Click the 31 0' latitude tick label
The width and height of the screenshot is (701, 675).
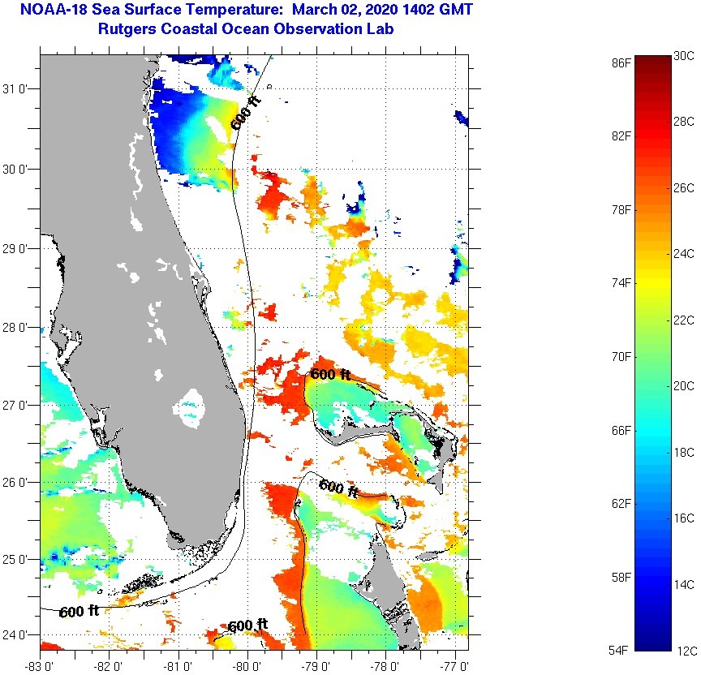(x=19, y=89)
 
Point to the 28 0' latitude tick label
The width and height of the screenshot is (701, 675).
(x=19, y=327)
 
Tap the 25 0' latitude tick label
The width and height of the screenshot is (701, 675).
(x=19, y=559)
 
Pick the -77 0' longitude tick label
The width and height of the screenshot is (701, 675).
(x=455, y=665)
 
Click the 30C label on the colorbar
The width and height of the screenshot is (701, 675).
(x=683, y=55)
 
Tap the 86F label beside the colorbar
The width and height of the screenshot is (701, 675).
(x=622, y=62)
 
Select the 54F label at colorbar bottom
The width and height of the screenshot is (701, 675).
(x=622, y=650)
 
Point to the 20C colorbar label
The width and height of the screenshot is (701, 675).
(x=683, y=386)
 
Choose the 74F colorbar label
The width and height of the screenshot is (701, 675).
(x=622, y=282)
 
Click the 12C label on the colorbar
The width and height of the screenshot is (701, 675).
(x=683, y=651)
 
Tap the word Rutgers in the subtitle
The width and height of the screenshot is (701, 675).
(x=125, y=29)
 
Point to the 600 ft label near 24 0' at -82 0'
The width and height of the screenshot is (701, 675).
(x=79, y=611)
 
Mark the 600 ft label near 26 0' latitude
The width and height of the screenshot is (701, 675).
(x=338, y=488)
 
